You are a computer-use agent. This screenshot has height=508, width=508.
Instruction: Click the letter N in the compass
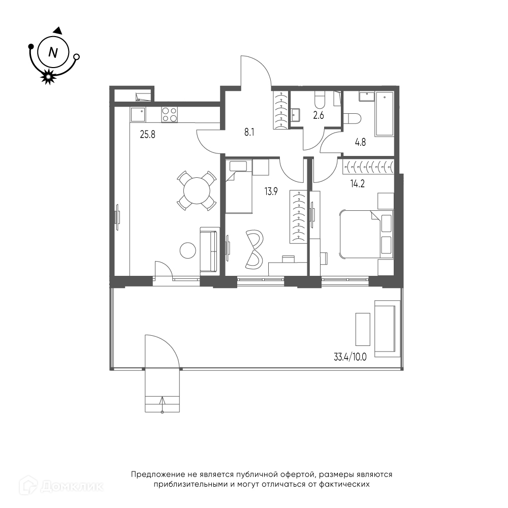[53, 52]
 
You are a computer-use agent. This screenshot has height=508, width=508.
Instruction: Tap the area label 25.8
[147, 134]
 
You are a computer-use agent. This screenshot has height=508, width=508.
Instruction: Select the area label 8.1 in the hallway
[249, 133]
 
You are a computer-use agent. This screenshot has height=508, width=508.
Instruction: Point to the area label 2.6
[319, 115]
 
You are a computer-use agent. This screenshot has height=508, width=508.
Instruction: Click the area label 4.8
[360, 142]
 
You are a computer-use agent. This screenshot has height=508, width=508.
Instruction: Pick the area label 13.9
[271, 192]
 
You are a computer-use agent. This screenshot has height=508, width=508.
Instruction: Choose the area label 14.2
[357, 184]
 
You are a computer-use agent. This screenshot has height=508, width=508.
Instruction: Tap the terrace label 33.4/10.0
[350, 357]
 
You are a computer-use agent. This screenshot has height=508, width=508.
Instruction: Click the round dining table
[197, 190]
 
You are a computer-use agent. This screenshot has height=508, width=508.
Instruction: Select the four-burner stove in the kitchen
[170, 114]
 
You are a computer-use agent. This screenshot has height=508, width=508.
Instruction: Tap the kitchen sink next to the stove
[138, 115]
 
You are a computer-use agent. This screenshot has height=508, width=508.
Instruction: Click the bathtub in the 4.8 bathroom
[384, 113]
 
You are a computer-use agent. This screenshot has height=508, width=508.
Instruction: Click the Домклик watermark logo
[61, 486]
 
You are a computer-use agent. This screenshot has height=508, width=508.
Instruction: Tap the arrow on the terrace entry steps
[163, 404]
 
